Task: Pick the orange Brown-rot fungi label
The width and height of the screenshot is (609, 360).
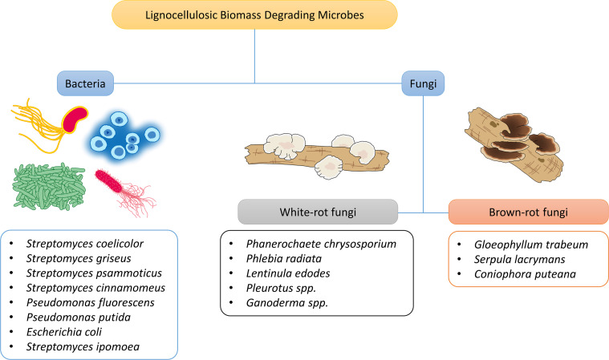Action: click(x=517, y=213)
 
